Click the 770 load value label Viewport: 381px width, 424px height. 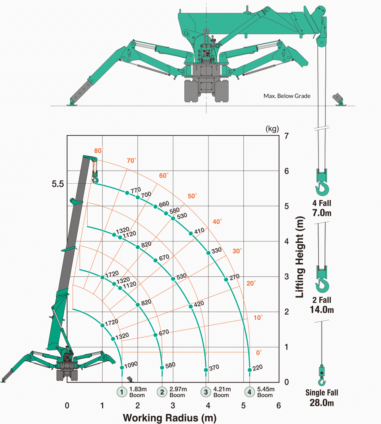136,190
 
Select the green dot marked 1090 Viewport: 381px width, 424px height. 122,367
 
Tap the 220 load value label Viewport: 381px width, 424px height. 258,367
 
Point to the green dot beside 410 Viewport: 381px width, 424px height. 191,233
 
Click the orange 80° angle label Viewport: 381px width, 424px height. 99,151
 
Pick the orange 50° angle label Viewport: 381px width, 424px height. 192,196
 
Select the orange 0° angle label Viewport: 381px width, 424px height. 259,353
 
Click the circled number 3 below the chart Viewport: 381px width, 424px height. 206,392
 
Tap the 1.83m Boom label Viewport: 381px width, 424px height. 138,392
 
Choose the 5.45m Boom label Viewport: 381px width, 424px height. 266,392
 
